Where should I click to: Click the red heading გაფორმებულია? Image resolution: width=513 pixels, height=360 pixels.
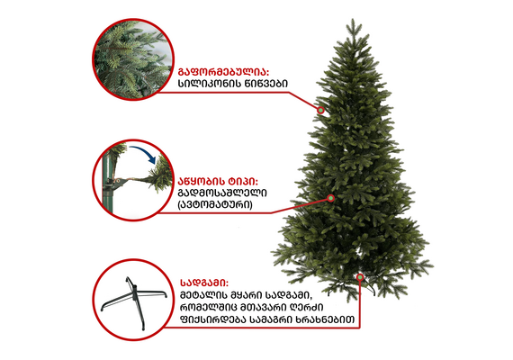(x=223, y=72)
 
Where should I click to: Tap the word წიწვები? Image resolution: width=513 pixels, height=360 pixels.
(x=266, y=84)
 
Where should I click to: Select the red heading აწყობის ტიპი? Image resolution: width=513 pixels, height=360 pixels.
(x=218, y=181)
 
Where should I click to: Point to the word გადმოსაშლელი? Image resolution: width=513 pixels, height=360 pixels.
(x=222, y=193)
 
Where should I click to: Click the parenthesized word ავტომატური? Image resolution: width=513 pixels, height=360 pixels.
(x=215, y=204)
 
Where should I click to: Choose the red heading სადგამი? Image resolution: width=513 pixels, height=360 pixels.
(x=204, y=283)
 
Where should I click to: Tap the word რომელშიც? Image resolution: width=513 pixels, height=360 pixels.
(x=209, y=308)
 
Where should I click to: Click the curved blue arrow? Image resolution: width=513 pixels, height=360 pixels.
(x=142, y=153)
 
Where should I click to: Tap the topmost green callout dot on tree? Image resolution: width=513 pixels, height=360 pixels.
(x=320, y=110)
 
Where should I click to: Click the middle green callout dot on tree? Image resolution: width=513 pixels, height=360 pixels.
(x=331, y=198)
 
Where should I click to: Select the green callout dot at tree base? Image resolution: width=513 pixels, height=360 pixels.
(x=360, y=277)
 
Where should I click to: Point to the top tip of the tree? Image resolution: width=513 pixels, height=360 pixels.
(x=353, y=19)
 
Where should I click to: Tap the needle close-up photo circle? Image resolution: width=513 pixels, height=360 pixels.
(x=133, y=59)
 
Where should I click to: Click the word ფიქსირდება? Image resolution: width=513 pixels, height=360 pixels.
(x=213, y=319)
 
